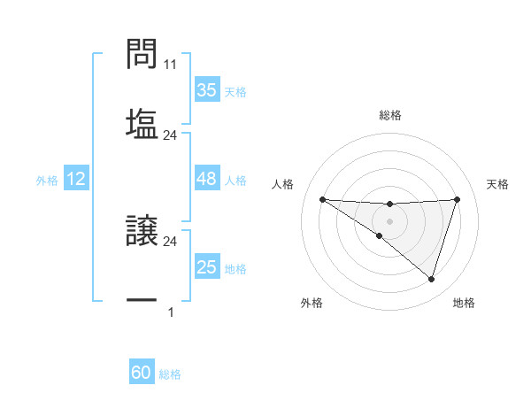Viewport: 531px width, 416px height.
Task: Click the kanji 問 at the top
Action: pyautogui.click(x=142, y=55)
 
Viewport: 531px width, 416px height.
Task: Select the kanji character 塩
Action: pyautogui.click(x=142, y=123)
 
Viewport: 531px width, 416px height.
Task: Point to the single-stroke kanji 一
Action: pyautogui.click(x=142, y=301)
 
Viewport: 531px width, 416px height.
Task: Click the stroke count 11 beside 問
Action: pyautogui.click(x=171, y=65)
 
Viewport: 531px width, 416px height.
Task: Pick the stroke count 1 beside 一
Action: pyautogui.click(x=170, y=312)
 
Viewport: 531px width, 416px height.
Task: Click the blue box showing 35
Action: pyautogui.click(x=206, y=90)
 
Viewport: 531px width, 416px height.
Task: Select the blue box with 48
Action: pyautogui.click(x=206, y=179)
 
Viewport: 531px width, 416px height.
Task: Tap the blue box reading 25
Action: pyautogui.click(x=206, y=267)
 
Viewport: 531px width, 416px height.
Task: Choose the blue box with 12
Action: pyautogui.click(x=76, y=179)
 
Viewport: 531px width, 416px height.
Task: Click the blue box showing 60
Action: pyautogui.click(x=142, y=373)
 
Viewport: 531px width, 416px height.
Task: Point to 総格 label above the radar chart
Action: pyautogui.click(x=389, y=115)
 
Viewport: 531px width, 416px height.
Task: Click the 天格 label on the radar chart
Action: pyautogui.click(x=497, y=184)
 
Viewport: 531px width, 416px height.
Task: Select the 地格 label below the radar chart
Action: pyautogui.click(x=464, y=303)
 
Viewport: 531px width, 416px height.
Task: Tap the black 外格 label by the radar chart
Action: pyautogui.click(x=312, y=303)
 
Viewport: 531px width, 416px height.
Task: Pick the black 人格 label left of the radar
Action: pyautogui.click(x=283, y=184)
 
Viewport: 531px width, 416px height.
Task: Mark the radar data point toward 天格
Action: pyautogui.click(x=457, y=199)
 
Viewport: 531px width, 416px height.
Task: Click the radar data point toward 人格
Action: pyautogui.click(x=322, y=199)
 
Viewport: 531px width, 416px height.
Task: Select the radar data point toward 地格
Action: pyautogui.click(x=431, y=279)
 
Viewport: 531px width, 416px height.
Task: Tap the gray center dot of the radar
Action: pyautogui.click(x=389, y=221)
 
